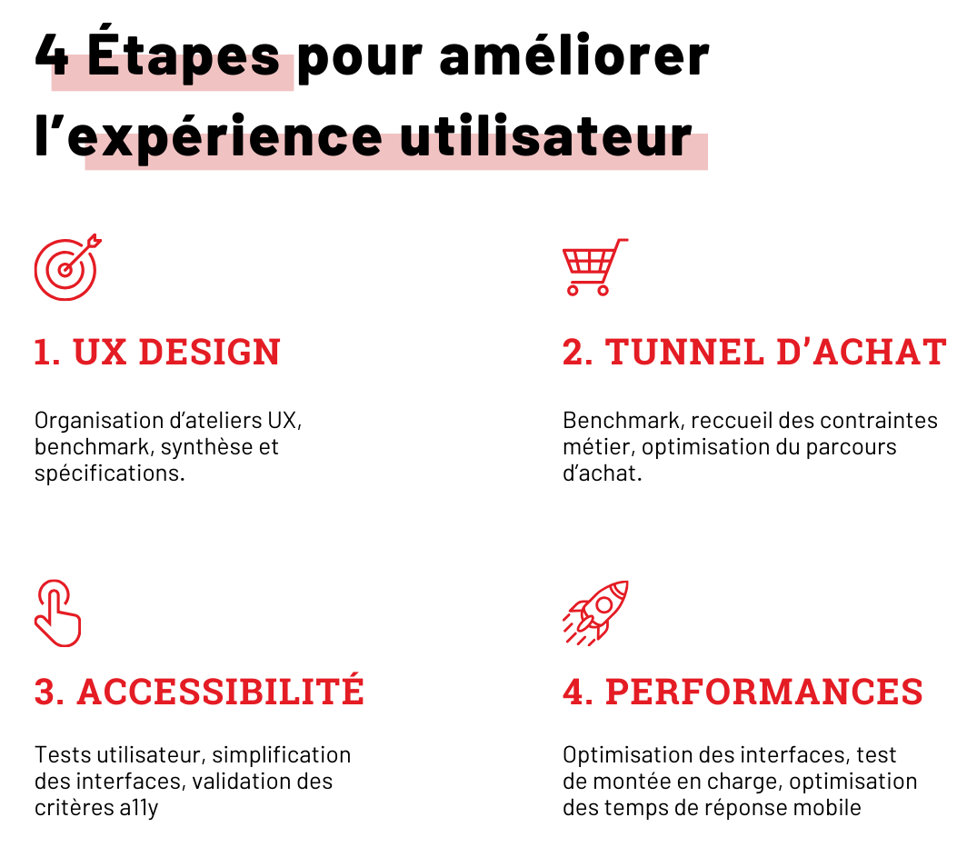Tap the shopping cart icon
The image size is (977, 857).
pyautogui.click(x=595, y=267)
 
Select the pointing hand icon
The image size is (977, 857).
pyautogui.click(x=58, y=613)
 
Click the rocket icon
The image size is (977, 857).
pyautogui.click(x=595, y=613)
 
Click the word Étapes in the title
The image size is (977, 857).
pyautogui.click(x=184, y=55)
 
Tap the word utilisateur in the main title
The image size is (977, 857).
pyautogui.click(x=546, y=136)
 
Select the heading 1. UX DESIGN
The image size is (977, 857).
pyautogui.click(x=157, y=352)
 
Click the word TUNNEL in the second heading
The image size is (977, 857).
pyautogui.click(x=684, y=352)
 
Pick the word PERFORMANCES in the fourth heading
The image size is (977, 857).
pyautogui.click(x=764, y=692)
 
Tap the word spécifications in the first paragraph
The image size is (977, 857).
pyautogui.click(x=110, y=473)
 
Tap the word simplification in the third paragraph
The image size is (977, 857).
pyautogui.click(x=282, y=755)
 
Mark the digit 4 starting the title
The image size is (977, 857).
pyautogui.click(x=52, y=55)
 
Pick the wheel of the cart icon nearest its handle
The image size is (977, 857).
pyautogui.click(x=603, y=290)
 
